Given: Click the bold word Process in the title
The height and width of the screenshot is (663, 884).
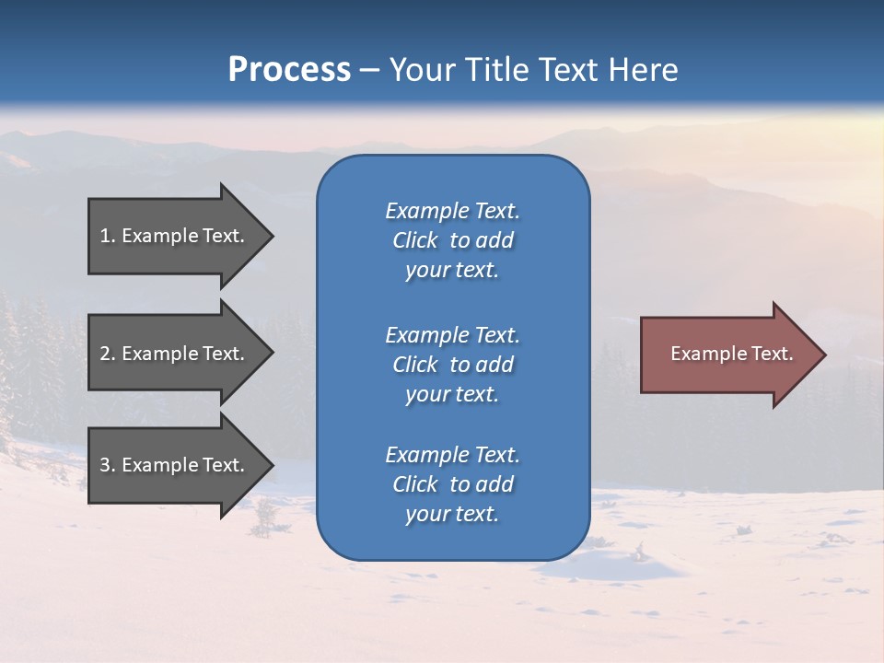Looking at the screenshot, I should [x=289, y=70].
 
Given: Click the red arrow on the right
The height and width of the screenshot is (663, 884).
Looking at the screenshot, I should [x=727, y=354].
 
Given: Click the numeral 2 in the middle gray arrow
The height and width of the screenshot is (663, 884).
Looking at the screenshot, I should [x=105, y=354].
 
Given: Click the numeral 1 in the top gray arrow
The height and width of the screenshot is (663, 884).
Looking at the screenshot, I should [x=105, y=236].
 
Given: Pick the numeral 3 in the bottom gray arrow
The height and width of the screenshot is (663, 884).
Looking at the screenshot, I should [x=105, y=465].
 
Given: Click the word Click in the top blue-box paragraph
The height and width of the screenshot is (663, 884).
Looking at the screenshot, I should [x=414, y=240].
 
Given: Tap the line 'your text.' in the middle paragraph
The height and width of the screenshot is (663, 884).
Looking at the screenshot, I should [x=451, y=394].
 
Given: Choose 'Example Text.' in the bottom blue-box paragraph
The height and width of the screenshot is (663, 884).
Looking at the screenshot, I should [x=452, y=454].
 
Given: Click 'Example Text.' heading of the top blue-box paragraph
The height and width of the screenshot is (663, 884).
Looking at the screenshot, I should [x=452, y=211].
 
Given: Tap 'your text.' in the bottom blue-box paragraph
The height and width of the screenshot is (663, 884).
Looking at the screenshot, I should [x=451, y=514].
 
